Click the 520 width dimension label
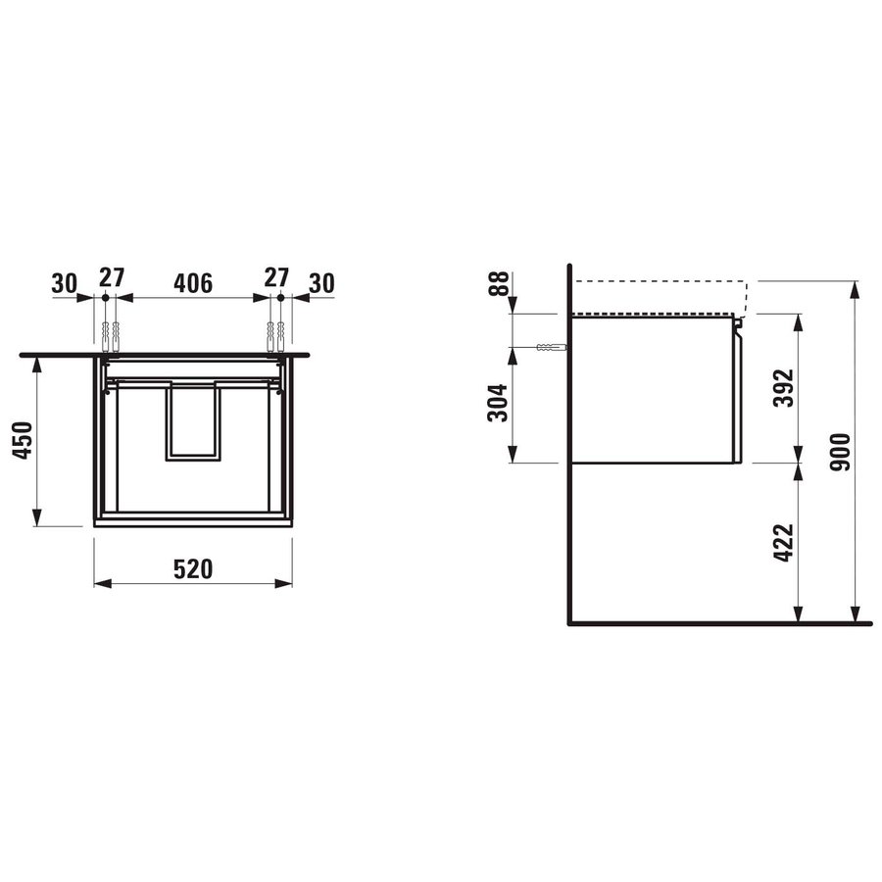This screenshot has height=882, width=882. click(x=193, y=569)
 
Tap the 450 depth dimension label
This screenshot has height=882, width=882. click(x=24, y=440)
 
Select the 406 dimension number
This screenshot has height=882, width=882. click(x=193, y=283)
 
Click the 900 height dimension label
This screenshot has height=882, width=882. click(x=841, y=452)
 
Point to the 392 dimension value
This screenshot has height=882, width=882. click(x=784, y=387)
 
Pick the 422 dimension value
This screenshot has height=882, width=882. click(x=784, y=542)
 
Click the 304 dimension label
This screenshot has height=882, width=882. click(x=498, y=403)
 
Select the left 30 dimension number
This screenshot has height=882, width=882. click(x=64, y=283)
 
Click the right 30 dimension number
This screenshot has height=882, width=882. click(x=321, y=283)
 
